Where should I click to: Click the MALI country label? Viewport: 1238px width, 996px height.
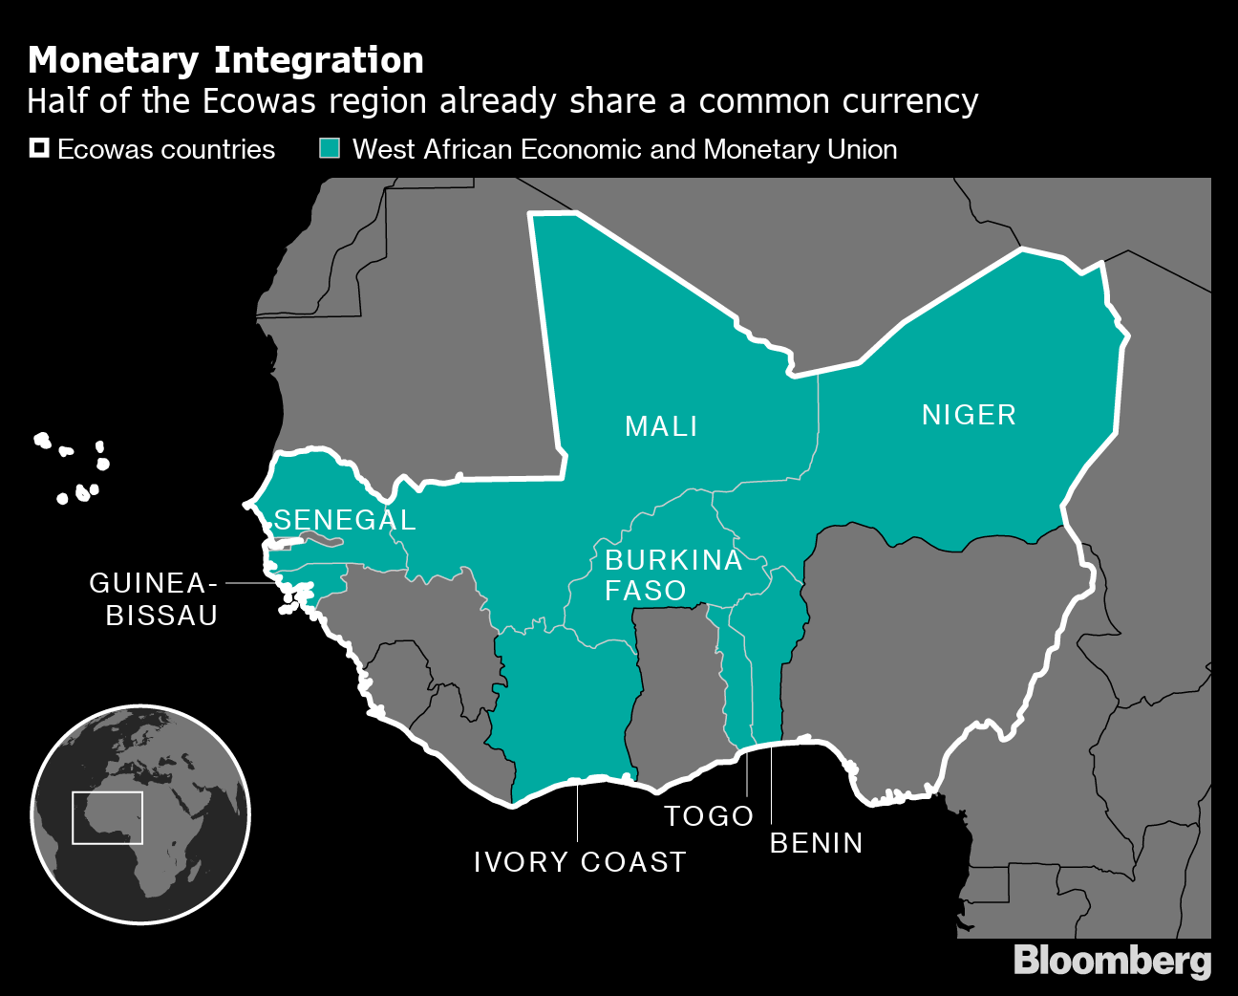coord(661,426)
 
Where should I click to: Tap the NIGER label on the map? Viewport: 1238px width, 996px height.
coord(969,415)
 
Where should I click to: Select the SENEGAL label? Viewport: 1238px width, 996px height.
coord(345,520)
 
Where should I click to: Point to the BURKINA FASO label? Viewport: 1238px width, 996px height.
coord(672,574)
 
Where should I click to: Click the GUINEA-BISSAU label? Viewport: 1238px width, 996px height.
coord(154,599)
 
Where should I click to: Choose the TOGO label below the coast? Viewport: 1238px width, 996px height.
coord(709,816)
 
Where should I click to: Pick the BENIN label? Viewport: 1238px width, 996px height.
coord(816,843)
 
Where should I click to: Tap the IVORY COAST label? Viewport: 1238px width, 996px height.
coord(580,862)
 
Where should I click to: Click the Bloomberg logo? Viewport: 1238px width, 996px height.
coord(1112,961)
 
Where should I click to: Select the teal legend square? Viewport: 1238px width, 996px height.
coord(330,148)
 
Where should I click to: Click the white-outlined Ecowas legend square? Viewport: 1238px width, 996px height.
coord(39,148)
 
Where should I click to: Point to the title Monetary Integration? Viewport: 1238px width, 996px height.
coord(226,60)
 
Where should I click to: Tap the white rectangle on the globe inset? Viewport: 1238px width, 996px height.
coord(107,817)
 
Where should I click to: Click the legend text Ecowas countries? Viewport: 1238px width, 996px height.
coord(166,150)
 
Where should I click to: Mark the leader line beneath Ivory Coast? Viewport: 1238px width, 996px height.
coord(578,812)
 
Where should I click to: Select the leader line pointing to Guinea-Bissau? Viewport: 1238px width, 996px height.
coord(250,582)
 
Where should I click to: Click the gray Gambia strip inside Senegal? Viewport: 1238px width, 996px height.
coord(319,542)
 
